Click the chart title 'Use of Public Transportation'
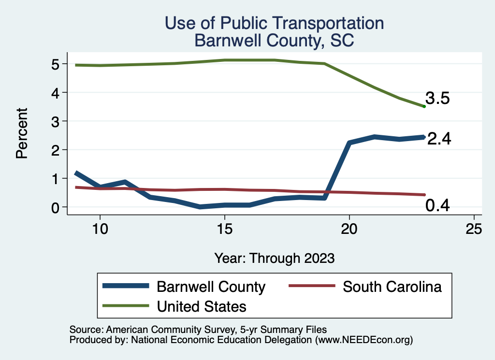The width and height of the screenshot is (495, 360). pyautogui.click(x=274, y=23)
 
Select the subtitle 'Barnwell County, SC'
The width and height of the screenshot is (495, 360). pyautogui.click(x=274, y=41)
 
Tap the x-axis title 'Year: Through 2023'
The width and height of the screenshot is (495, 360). pyautogui.click(x=274, y=258)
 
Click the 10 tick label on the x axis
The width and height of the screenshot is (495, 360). pyautogui.click(x=100, y=229)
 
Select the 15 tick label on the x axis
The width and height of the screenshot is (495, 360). pyautogui.click(x=224, y=229)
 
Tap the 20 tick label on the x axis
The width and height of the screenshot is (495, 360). pyautogui.click(x=349, y=229)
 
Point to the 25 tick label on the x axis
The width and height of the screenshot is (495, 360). pyautogui.click(x=474, y=229)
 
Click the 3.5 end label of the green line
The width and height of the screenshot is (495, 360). pyautogui.click(x=438, y=99)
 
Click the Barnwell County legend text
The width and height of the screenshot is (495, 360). pyautogui.click(x=211, y=287)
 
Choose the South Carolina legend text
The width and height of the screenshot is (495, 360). pyautogui.click(x=392, y=287)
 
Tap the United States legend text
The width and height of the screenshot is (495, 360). pyautogui.click(x=202, y=306)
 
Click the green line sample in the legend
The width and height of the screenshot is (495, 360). pyautogui.click(x=126, y=306)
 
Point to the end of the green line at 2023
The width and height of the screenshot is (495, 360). pyautogui.click(x=424, y=106)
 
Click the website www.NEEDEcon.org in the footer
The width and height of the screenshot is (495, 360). pyautogui.click(x=364, y=340)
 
